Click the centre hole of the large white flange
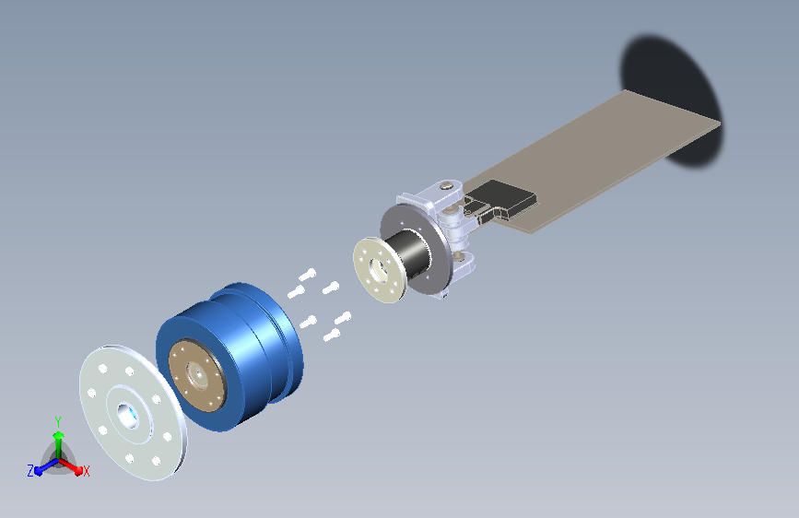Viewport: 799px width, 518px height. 128,416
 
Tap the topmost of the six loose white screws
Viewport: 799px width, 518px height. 307,275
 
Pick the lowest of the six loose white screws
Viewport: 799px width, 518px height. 332,335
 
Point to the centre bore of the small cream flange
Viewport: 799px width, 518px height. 378,270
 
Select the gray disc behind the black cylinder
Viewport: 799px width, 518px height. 416,249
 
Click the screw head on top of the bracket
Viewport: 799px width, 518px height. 447,185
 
